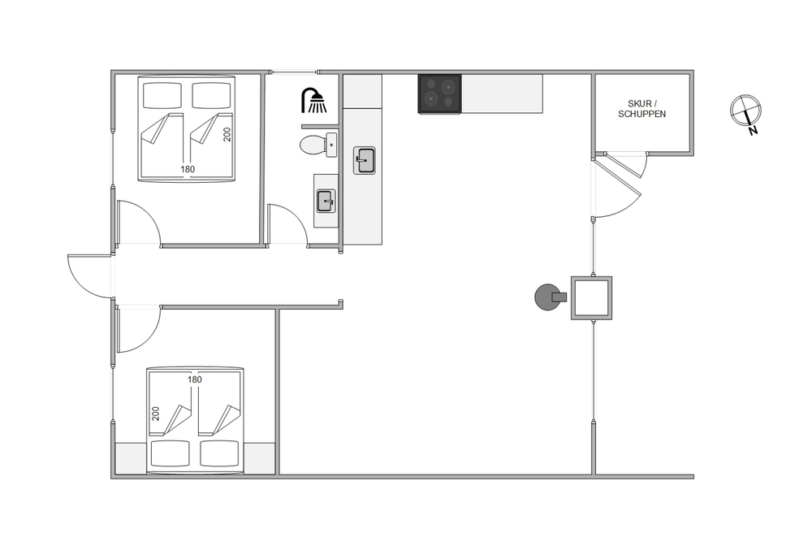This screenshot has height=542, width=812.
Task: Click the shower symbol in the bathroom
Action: pyautogui.click(x=314, y=100)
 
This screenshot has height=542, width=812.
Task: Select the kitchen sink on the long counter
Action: pyautogui.click(x=365, y=160)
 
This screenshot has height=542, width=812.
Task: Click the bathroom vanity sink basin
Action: pyautogui.click(x=326, y=201)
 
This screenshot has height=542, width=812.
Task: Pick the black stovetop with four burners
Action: pyautogui.click(x=439, y=93)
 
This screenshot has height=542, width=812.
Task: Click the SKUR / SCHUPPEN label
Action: pyautogui.click(x=641, y=109)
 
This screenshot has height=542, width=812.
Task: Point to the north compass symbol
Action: pyautogui.click(x=745, y=111)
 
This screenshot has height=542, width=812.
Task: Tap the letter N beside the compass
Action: pyautogui.click(x=753, y=131)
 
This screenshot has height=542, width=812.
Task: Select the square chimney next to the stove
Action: pyautogui.click(x=591, y=298)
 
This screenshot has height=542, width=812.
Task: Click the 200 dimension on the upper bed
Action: pyautogui.click(x=227, y=134)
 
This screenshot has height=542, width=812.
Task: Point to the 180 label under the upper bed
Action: pyautogui.click(x=188, y=170)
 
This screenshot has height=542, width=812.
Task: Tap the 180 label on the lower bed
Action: pyautogui.click(x=195, y=379)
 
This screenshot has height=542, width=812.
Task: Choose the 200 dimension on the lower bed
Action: pyautogui.click(x=156, y=414)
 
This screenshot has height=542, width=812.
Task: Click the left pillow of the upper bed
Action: pyautogui.click(x=162, y=95)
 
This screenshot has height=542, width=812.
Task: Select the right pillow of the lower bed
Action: pyautogui.click(x=219, y=453)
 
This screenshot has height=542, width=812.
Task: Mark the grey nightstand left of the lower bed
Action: pyautogui.click(x=131, y=458)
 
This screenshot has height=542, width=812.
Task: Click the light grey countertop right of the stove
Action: pyautogui.click(x=502, y=93)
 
